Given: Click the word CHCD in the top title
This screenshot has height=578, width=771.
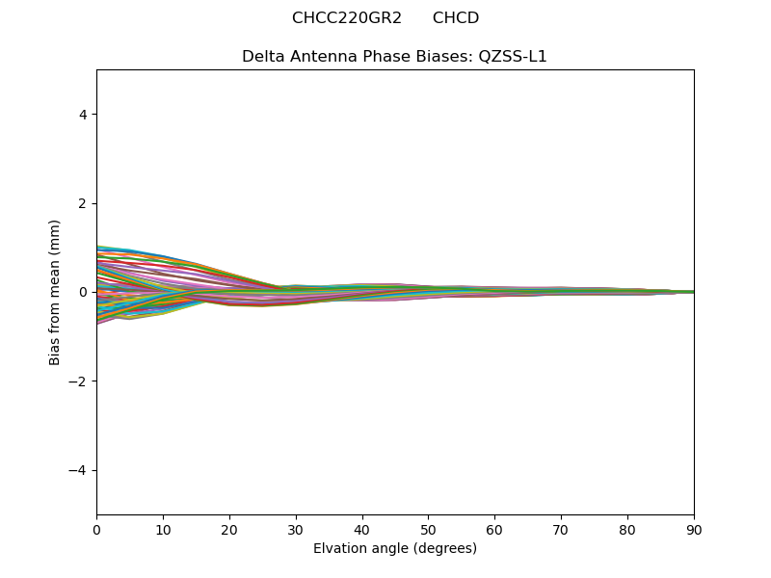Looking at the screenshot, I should coord(456,18).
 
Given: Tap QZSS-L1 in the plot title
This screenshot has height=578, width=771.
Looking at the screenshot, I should coord(513,57).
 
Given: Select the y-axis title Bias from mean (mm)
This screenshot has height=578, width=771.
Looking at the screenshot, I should coord(56,292).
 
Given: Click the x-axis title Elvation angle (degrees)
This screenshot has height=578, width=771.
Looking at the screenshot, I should coord(395,549).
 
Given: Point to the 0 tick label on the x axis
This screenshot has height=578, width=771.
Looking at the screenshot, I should coord(96,529).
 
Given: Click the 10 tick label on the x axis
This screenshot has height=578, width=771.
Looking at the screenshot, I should coord(163,529).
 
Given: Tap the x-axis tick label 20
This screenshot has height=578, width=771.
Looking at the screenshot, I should coord(229,529).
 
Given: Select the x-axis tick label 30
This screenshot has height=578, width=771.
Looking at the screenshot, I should coord(296,529).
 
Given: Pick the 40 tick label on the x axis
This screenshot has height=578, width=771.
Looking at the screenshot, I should coord(362,529).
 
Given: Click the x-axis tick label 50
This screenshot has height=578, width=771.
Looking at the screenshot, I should coord(428,529).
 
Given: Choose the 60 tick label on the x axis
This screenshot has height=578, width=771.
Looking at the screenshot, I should coord(494,529).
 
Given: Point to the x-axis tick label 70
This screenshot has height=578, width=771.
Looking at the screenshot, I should coord(561,529).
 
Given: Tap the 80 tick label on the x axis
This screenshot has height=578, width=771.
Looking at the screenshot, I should coord(627,529).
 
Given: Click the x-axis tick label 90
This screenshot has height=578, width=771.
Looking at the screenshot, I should coord(694,529).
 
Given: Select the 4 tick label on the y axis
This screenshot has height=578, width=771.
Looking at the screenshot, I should coord(83,115).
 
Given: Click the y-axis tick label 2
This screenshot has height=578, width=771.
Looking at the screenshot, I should coord(83,203).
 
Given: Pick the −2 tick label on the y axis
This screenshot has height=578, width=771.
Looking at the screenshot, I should coord(79,381).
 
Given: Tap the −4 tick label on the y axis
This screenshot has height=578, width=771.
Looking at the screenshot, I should coord(79,470).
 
